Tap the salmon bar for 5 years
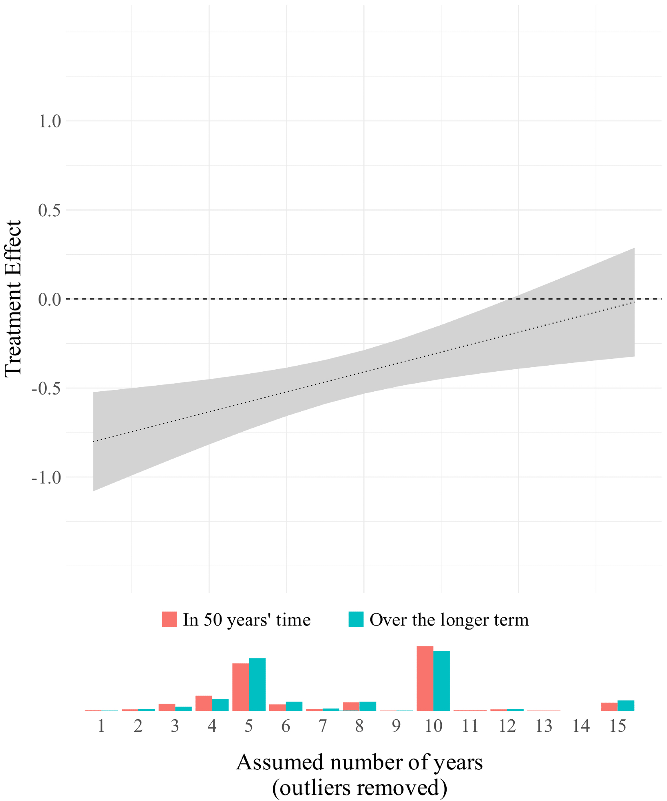click(x=240, y=687)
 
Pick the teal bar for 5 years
click(x=257, y=684)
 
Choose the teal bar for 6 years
click(x=294, y=706)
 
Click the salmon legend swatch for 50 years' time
click(x=169, y=619)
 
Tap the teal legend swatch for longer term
click(x=356, y=619)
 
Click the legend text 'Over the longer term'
click(x=449, y=620)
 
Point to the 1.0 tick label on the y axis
click(x=50, y=121)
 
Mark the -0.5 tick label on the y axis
click(x=46, y=388)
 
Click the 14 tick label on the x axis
click(x=581, y=726)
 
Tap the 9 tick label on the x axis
click(x=396, y=726)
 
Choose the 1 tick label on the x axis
click(x=101, y=726)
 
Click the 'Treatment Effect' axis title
click(x=13, y=298)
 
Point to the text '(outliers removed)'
click(x=359, y=787)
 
